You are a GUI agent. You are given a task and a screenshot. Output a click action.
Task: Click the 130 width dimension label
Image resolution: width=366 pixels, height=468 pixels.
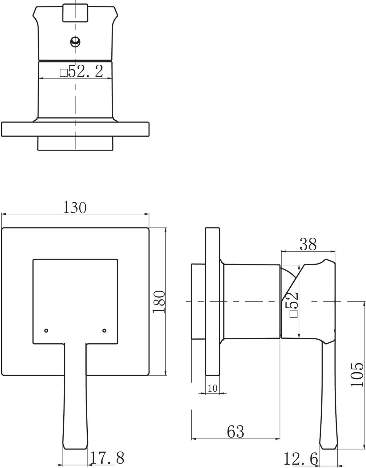[x=75, y=207]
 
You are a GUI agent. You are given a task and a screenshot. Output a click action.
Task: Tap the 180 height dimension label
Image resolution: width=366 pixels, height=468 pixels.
[x=159, y=301]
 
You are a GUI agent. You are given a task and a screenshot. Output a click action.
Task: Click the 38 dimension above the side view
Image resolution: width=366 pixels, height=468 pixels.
[x=308, y=244]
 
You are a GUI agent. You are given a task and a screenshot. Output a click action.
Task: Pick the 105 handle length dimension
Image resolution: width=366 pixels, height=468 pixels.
[x=357, y=381]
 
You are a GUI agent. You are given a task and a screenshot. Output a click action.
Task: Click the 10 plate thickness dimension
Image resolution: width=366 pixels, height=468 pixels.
[x=213, y=388]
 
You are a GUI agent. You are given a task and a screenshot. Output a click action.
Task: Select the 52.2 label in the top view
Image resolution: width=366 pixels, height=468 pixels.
[x=86, y=71]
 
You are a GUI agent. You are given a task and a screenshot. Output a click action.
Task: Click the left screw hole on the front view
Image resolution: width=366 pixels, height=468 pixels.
[x=46, y=331]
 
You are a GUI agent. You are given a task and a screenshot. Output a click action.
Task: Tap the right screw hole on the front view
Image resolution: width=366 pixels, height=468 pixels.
[x=104, y=331]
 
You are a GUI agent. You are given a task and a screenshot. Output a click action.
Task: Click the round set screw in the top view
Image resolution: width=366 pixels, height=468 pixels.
[x=75, y=41]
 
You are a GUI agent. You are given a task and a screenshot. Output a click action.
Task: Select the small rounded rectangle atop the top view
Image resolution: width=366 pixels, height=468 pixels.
[x=75, y=13]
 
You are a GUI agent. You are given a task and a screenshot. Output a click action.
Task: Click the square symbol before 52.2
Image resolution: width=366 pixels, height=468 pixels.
[x=64, y=73]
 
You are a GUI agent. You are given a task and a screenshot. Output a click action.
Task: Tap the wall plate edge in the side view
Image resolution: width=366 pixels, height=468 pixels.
[x=213, y=301]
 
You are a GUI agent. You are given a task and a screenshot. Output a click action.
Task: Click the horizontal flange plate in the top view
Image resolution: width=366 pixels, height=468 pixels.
[x=75, y=129]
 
